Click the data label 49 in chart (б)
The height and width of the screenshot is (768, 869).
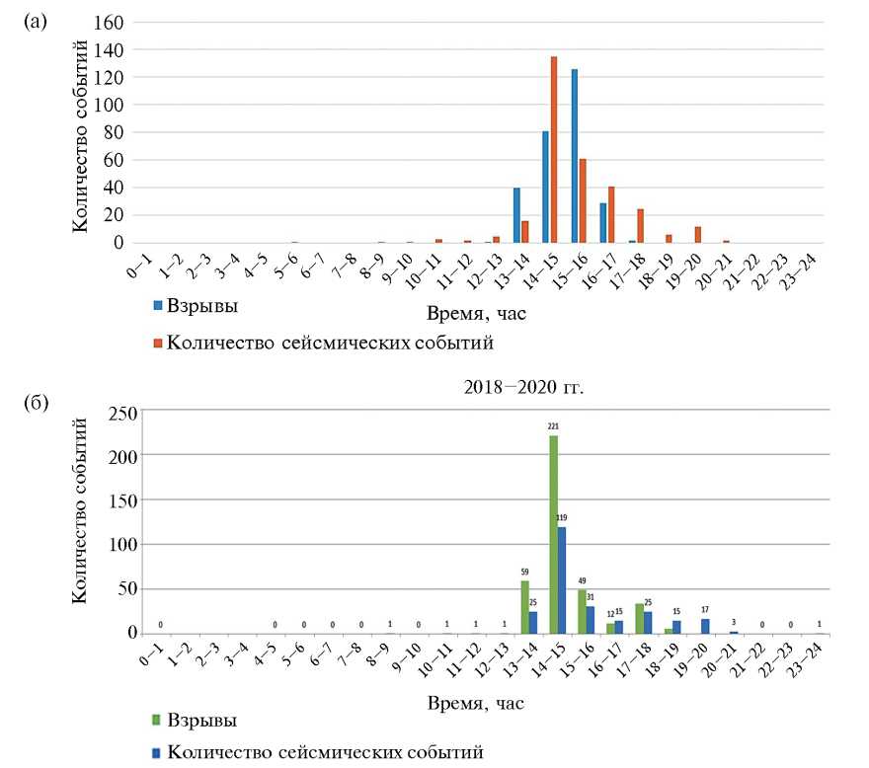pos(582,580)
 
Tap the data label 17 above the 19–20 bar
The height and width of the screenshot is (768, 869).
pos(676,609)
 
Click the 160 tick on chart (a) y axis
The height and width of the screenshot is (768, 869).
pos(110,22)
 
